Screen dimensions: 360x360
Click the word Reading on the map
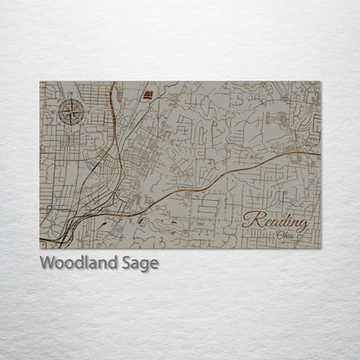(x=275, y=220)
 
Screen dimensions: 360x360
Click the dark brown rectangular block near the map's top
(x=147, y=93)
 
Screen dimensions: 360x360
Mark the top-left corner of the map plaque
(x=40, y=81)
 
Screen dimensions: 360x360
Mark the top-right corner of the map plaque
(x=320, y=81)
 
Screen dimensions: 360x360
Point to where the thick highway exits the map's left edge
(x=41, y=240)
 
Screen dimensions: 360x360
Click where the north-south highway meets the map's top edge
(x=114, y=82)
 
